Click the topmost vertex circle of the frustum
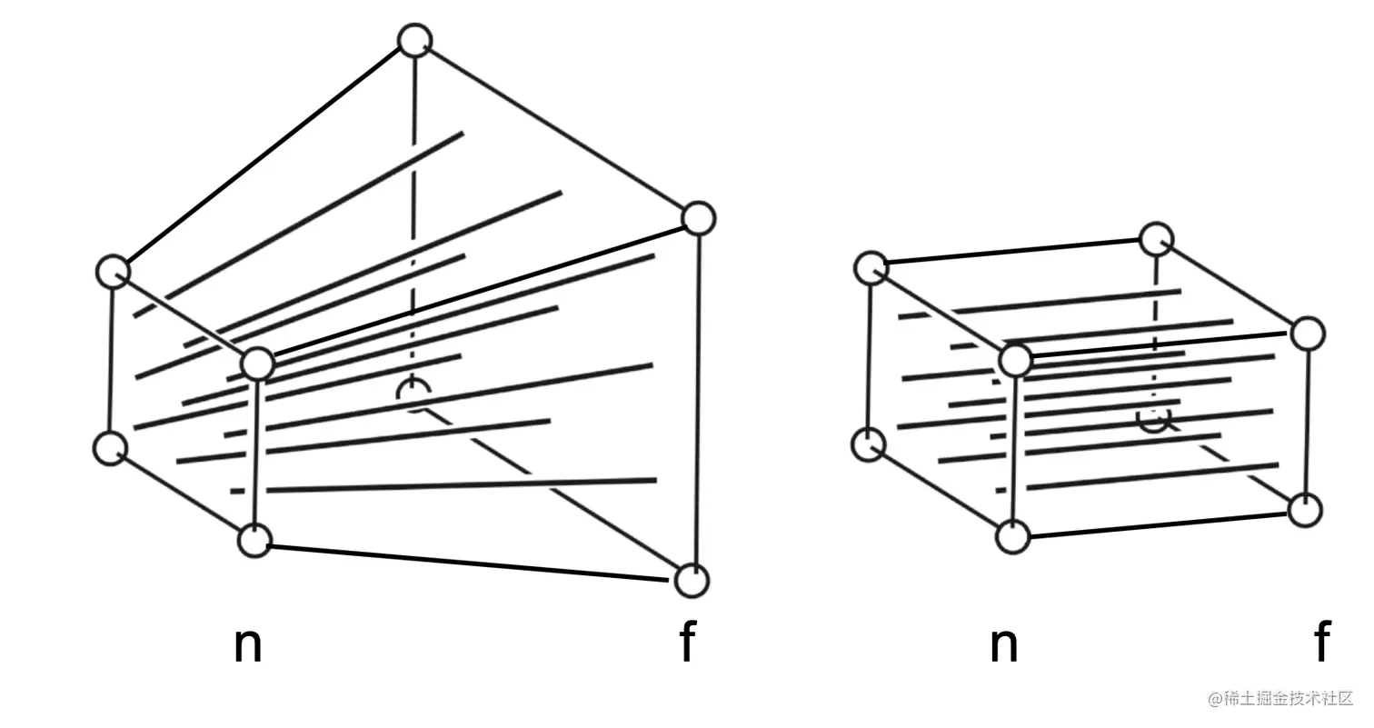pyautogui.click(x=415, y=41)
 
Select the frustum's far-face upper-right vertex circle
pyautogui.click(x=698, y=218)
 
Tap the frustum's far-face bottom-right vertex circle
pyautogui.click(x=692, y=580)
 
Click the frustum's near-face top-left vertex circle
pyautogui.click(x=113, y=272)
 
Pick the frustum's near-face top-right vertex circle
pyautogui.click(x=258, y=364)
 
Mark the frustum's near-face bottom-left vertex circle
pyautogui.click(x=111, y=448)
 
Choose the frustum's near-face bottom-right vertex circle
pyautogui.click(x=254, y=541)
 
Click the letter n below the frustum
pyautogui.click(x=247, y=644)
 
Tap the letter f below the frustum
pyautogui.click(x=688, y=643)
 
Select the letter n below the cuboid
pyautogui.click(x=1002, y=644)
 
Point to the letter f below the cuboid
pyautogui.click(x=1322, y=643)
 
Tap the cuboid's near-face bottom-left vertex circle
pyautogui.click(x=869, y=445)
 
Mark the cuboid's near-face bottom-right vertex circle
pyautogui.click(x=1012, y=536)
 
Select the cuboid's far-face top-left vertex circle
pyautogui.click(x=1156, y=240)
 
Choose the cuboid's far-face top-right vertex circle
pyautogui.click(x=1308, y=334)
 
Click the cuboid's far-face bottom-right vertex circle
pyautogui.click(x=1305, y=510)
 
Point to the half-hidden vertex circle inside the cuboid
pyautogui.click(x=1154, y=419)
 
